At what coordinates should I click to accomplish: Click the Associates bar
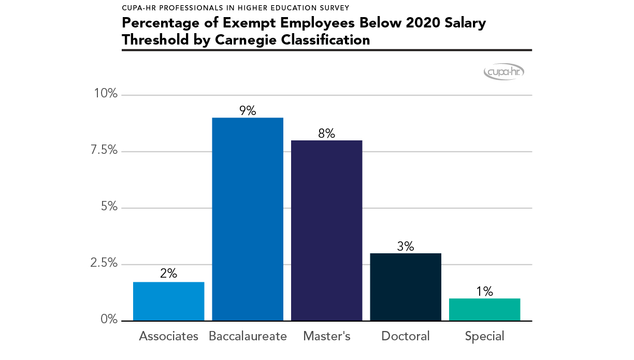(x=169, y=301)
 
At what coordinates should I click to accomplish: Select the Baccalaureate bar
(x=248, y=220)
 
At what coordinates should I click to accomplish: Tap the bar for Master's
(x=327, y=231)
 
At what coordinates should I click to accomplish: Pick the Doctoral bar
(x=406, y=287)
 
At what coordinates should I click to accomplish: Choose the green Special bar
(x=484, y=310)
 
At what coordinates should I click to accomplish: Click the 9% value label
(x=248, y=111)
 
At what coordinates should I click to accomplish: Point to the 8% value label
(x=327, y=133)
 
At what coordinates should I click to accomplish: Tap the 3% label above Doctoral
(x=406, y=247)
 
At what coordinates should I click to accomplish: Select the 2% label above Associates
(x=169, y=274)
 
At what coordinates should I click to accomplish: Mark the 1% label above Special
(x=484, y=292)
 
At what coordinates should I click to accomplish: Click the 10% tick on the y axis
(x=105, y=94)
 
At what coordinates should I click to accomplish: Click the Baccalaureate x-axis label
(x=248, y=336)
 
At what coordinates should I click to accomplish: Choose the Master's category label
(x=327, y=336)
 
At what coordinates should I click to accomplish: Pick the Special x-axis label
(x=484, y=337)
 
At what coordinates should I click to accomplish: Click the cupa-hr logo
(x=504, y=73)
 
